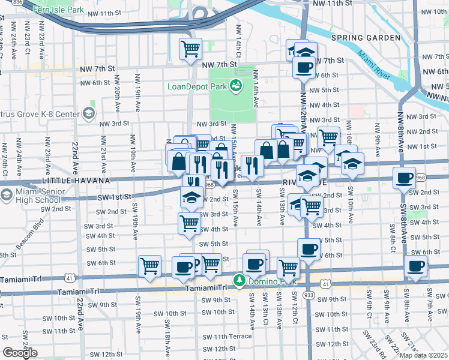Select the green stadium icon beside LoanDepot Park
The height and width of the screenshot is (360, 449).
[x=237, y=86]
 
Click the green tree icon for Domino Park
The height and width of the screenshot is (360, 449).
[x=239, y=281]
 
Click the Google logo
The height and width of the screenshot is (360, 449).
[x=20, y=353]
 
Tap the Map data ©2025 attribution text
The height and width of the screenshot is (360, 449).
[x=423, y=355]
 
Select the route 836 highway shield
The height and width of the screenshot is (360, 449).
[x=17, y=3]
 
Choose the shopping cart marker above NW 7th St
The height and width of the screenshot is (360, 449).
[x=190, y=49]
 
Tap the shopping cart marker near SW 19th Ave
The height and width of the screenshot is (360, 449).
[x=149, y=266]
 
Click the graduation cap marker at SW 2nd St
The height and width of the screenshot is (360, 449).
[x=191, y=196]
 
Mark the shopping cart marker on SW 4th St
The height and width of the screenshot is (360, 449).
[x=190, y=223]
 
